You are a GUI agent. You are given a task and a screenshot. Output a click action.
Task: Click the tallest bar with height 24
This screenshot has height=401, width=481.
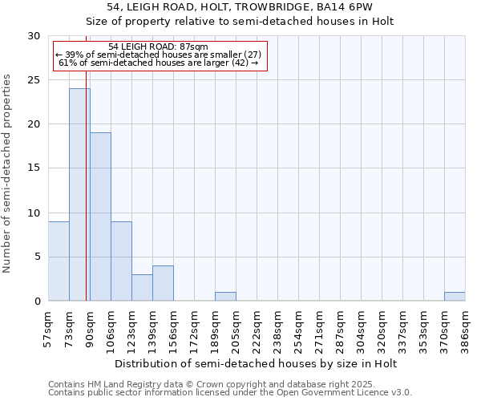[x=79, y=195]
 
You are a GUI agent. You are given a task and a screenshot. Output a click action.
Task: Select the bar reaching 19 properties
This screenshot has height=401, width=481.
[x=100, y=217]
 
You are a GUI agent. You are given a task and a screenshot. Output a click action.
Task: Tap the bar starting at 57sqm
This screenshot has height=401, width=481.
[x=59, y=261]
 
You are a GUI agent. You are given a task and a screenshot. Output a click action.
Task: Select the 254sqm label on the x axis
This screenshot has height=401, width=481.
[x=299, y=329]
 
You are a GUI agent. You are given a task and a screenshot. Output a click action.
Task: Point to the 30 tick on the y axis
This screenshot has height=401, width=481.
[x=34, y=36]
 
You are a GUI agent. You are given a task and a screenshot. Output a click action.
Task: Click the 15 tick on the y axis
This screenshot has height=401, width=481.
[x=34, y=168]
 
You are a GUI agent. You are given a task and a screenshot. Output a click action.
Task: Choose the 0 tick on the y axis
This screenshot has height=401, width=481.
[x=37, y=301]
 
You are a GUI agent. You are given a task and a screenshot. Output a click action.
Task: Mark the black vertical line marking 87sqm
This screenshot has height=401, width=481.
[x=86, y=200]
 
